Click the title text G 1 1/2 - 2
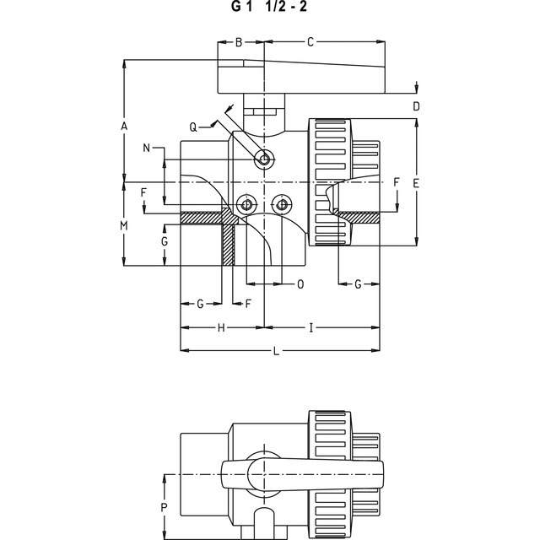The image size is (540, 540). tap(268, 7)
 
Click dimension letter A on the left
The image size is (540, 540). tap(124, 126)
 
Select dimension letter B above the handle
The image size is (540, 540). tap(239, 42)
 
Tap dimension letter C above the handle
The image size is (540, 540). tap(310, 42)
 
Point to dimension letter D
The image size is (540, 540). tap(416, 106)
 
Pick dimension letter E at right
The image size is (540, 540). tap(416, 183)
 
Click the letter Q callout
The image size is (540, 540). tap(193, 127)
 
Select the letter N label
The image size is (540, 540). tap(146, 148)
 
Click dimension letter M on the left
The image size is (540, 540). tap(124, 225)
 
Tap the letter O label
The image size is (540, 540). tap(300, 284)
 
